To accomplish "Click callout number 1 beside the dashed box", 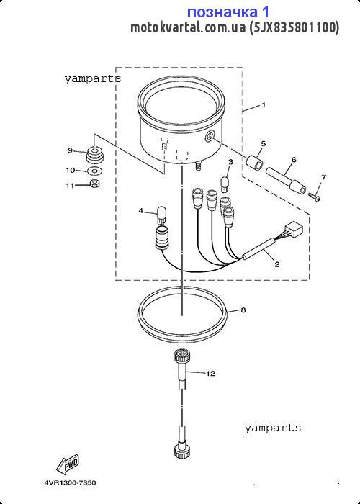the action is coord(264,105).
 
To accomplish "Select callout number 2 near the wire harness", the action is coord(276,264).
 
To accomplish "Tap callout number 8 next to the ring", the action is coord(243,310).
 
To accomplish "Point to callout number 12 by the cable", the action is coord(210,374).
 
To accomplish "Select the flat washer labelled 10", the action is coord(94,170).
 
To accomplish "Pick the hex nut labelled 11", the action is coord(94,184).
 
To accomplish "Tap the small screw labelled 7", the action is coord(314,196).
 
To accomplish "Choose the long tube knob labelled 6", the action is coord(286,182).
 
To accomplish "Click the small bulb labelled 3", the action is coord(225,184).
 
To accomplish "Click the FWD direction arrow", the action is coord(68,465).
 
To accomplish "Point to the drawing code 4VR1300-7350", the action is coord(70,483).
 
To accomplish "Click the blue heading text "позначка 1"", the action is coord(228,12).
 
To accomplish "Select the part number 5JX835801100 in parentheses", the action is coord(294,27).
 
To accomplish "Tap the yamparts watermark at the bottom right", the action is coord(273,428).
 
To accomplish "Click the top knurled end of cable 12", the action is coord(182,356).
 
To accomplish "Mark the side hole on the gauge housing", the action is coord(210,137).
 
